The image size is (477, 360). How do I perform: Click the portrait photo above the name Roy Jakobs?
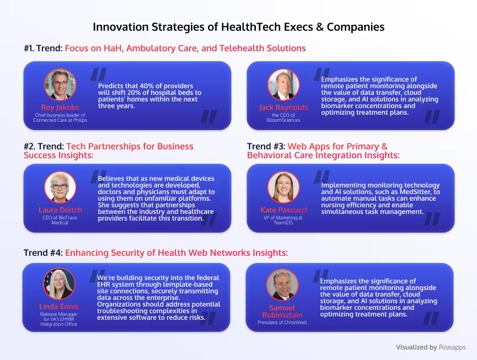(60, 84)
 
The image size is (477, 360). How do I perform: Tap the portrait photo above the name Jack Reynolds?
(283, 84)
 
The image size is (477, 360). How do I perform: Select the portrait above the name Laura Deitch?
(60, 187)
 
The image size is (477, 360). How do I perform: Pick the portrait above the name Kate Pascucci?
(283, 187)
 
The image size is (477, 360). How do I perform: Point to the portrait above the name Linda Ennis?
(59, 284)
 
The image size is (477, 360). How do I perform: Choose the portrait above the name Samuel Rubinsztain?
(282, 285)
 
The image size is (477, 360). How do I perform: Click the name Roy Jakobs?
(60, 108)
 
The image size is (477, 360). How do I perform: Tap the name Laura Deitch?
(60, 210)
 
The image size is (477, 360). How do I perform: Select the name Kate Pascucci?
(283, 210)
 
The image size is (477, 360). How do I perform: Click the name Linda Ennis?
(59, 307)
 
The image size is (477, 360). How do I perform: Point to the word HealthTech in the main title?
(251, 27)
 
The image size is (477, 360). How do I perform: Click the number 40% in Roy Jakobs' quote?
(147, 86)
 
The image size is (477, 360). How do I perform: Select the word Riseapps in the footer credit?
(452, 347)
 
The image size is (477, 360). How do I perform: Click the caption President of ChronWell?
(282, 323)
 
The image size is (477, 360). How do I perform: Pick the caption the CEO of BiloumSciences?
(283, 117)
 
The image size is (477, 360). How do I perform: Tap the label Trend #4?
(43, 252)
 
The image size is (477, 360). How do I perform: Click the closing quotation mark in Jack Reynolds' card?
(432, 116)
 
